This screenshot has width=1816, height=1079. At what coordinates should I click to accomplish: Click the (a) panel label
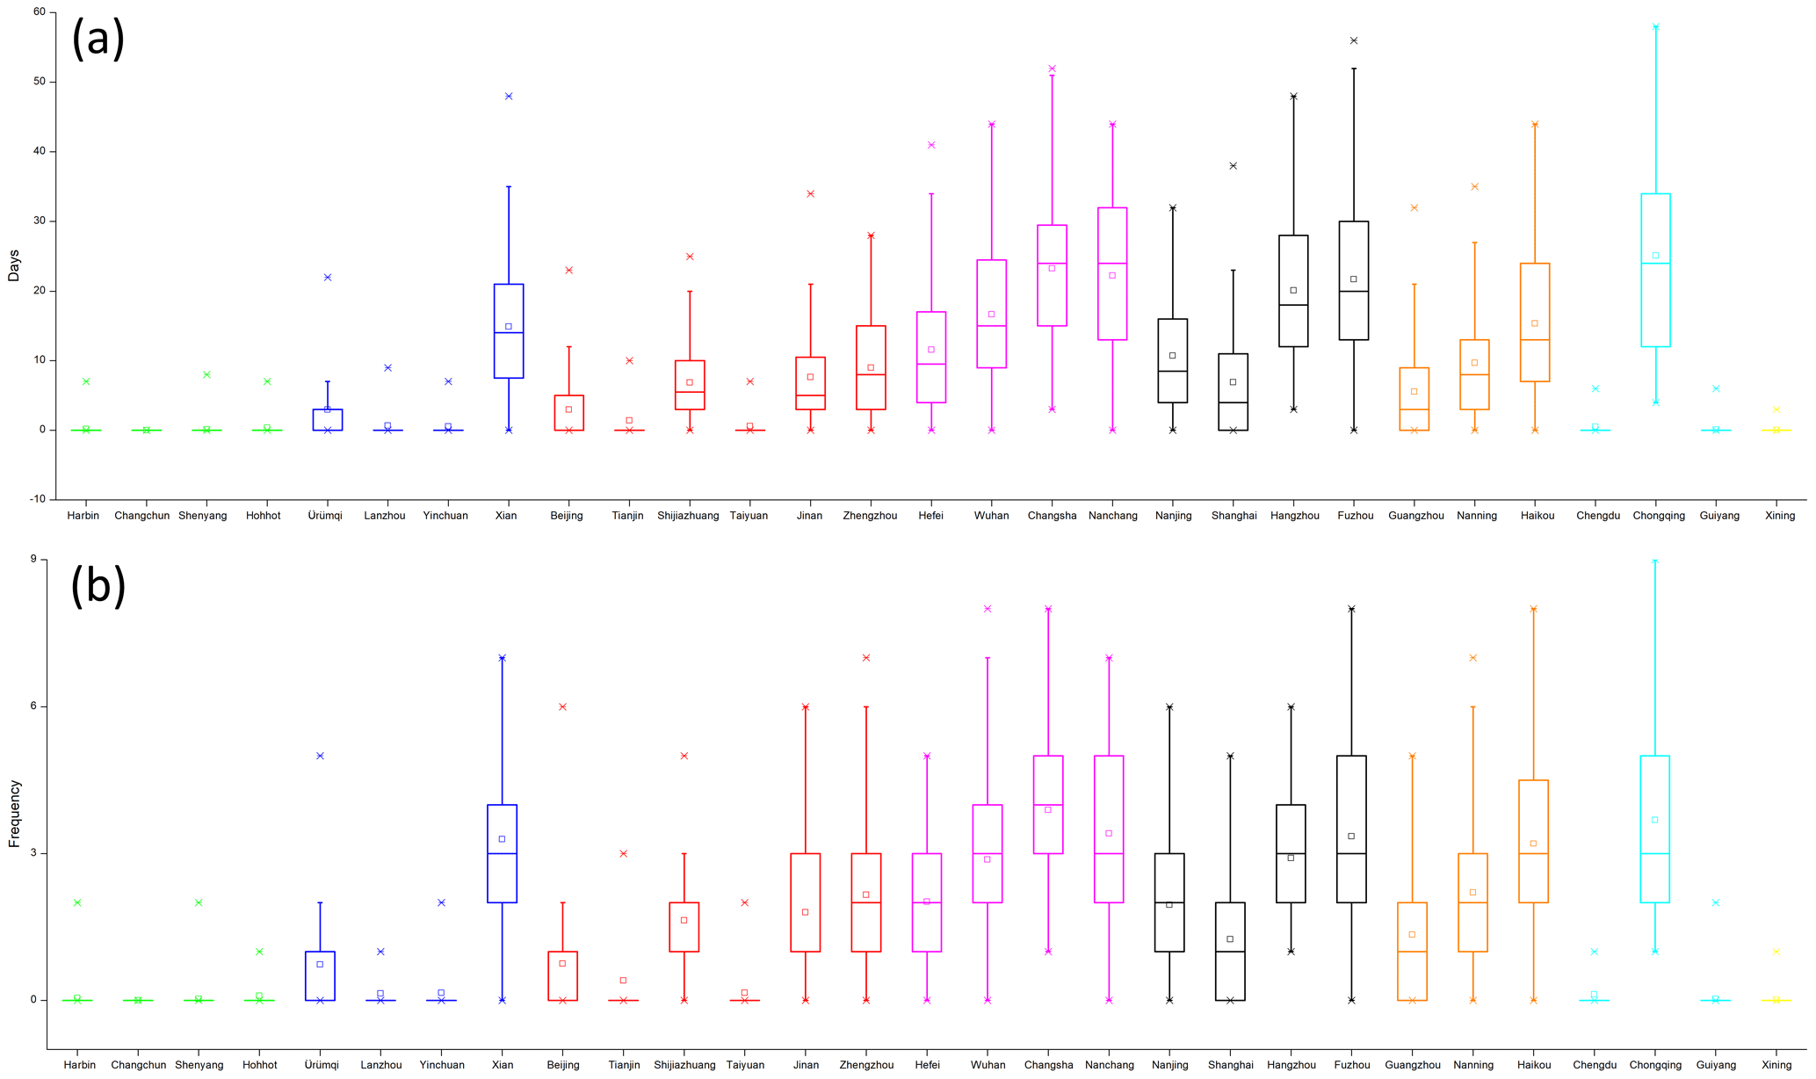click(98, 39)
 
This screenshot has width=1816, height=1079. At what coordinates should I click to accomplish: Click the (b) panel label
click(98, 586)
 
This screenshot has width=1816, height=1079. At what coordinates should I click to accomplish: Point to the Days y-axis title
click(13, 264)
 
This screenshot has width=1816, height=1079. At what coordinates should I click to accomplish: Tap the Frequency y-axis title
click(13, 814)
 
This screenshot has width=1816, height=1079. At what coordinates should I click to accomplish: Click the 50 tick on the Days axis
click(39, 82)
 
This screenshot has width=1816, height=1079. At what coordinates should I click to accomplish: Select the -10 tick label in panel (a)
click(37, 499)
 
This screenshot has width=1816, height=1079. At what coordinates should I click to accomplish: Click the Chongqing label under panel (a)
click(1658, 516)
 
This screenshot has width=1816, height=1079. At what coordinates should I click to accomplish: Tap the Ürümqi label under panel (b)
click(321, 1065)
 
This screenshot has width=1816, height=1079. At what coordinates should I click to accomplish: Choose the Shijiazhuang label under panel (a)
click(688, 516)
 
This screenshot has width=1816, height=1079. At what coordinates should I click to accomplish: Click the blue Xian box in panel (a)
click(509, 330)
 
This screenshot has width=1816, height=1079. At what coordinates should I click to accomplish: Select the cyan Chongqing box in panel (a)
click(1655, 270)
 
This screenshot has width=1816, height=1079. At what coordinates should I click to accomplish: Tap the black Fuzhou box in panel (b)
click(1351, 829)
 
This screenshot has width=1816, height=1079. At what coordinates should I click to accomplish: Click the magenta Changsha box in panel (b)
click(1048, 804)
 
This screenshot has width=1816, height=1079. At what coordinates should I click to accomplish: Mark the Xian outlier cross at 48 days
click(509, 96)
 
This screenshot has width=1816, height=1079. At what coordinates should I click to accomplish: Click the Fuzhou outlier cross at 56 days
click(1354, 40)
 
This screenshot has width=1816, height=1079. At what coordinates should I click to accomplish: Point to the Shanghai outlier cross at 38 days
click(1233, 165)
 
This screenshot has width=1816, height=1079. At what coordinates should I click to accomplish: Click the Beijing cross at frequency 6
click(563, 706)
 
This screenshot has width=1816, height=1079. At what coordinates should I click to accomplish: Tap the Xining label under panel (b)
click(1776, 1065)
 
